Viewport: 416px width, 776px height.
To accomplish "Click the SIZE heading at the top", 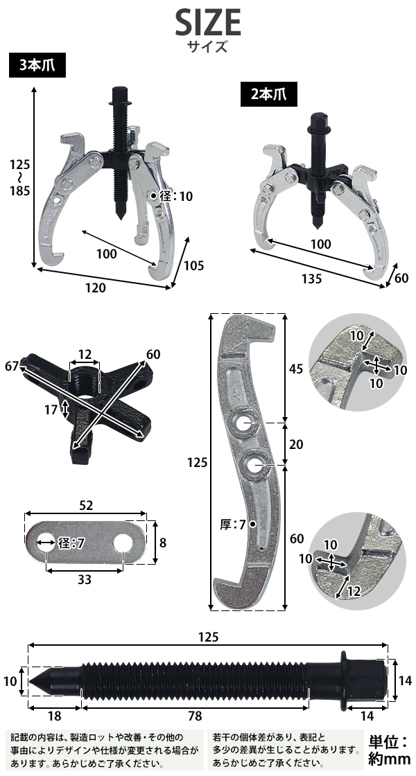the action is [208, 23].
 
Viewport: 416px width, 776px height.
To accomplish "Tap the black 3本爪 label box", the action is [37, 66].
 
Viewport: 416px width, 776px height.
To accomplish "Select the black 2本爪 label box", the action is [269, 94].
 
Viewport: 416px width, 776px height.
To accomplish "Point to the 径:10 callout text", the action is [176, 197].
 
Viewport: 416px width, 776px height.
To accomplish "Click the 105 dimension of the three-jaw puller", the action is [193, 265].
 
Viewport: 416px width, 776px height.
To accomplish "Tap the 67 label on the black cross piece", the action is [12, 367].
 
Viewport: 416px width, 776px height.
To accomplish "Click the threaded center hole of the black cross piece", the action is [84, 381].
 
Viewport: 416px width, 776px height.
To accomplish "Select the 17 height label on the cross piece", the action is [51, 409].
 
